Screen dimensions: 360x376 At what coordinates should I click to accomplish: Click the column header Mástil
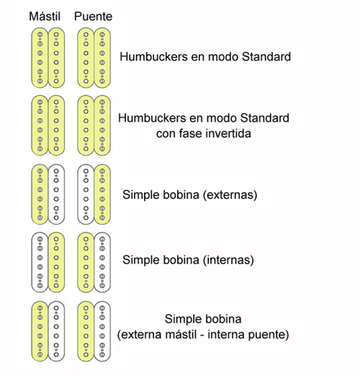pos(45,17)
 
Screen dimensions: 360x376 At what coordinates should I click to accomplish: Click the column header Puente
pos(93,17)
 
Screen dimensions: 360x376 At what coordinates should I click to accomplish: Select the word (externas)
pos(230,194)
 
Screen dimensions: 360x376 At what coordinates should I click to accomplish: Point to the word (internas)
pos(228,260)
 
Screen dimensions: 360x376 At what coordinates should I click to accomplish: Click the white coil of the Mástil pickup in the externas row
pos(56,194)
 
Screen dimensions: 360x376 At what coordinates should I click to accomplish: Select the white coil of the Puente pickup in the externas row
pos(86,194)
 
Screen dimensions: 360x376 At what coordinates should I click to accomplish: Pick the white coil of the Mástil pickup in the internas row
pos(40,262)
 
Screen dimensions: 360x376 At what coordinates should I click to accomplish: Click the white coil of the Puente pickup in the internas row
pos(102,262)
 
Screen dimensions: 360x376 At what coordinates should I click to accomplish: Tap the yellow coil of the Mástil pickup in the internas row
pos(56,262)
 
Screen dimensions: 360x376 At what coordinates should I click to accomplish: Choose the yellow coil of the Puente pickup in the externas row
pos(102,194)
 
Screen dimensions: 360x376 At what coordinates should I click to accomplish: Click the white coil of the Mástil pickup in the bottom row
pos(56,331)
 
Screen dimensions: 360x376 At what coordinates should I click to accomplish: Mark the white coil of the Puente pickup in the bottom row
pos(102,331)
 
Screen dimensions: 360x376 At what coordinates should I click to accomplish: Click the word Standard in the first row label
pos(266,57)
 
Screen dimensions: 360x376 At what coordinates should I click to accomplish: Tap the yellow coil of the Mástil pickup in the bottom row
pos(40,331)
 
